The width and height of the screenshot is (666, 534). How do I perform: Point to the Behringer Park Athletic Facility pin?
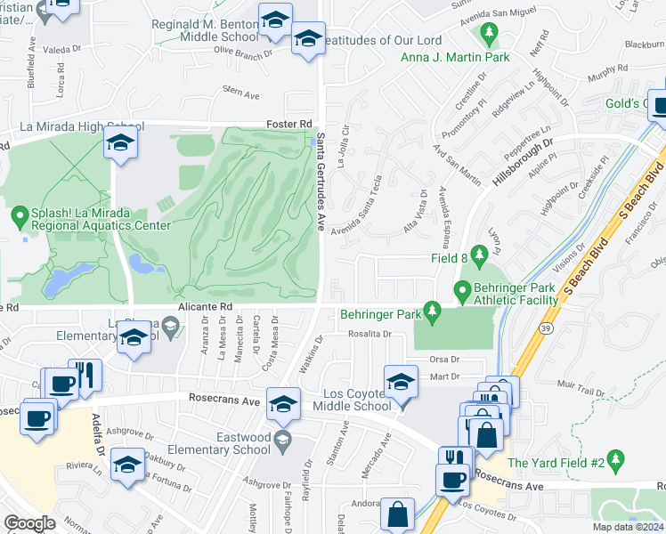point(462,291)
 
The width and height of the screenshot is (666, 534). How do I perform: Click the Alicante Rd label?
point(211,305)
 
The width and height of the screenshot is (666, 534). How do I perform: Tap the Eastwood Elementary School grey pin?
point(283,438)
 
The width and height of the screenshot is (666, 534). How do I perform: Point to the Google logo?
point(29,523)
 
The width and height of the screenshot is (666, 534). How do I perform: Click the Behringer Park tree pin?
point(432,311)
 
